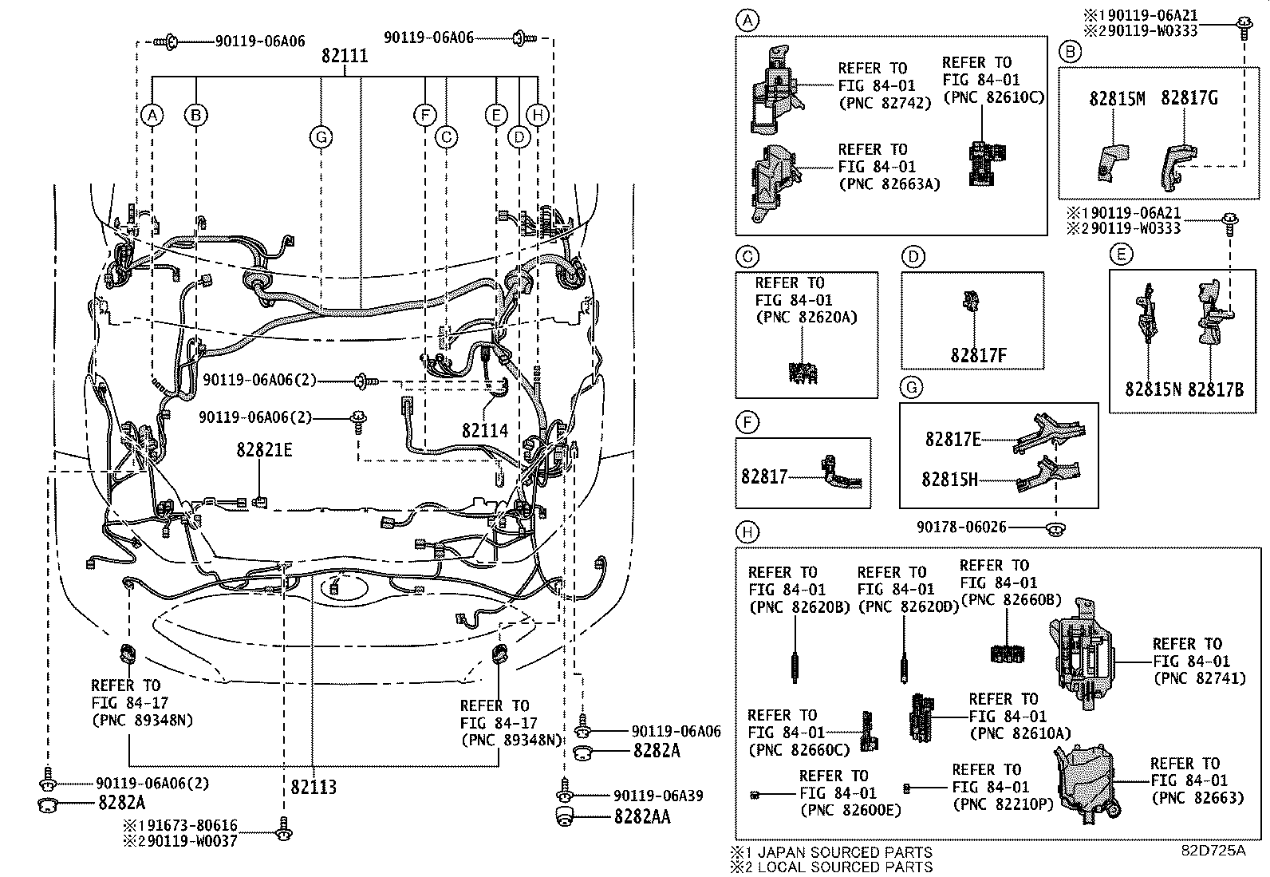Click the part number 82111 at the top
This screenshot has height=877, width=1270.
pos(345,56)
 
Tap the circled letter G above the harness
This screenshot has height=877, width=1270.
pos(321,137)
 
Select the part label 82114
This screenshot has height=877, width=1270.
pos(484,431)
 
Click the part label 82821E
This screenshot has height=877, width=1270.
pos(263,450)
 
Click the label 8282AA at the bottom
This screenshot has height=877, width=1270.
pos(641,817)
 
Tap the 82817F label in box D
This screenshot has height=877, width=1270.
pos(977,355)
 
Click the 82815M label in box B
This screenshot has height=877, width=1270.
pos(1117,98)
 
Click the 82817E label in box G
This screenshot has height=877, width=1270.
pos(952,439)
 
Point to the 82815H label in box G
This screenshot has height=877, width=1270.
pos(949,480)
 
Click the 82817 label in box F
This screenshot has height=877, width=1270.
pos(763,476)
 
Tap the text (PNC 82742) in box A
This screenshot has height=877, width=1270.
pos(884,103)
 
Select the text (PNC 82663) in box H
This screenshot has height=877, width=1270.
pos(1196,797)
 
